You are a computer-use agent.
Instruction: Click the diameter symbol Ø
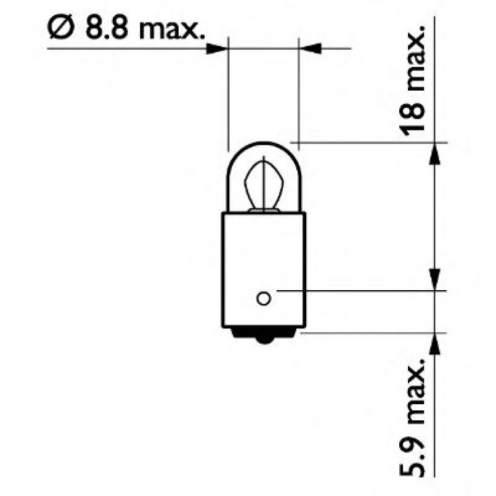tap(60, 28)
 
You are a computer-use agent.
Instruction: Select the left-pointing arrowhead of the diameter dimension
tap(309, 47)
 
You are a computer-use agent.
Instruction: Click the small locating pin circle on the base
tap(263, 299)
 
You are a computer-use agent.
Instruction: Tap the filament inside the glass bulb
tap(263, 185)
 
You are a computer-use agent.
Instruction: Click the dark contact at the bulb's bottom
tap(264, 338)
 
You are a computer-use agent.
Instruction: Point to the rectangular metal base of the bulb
tap(264, 259)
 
